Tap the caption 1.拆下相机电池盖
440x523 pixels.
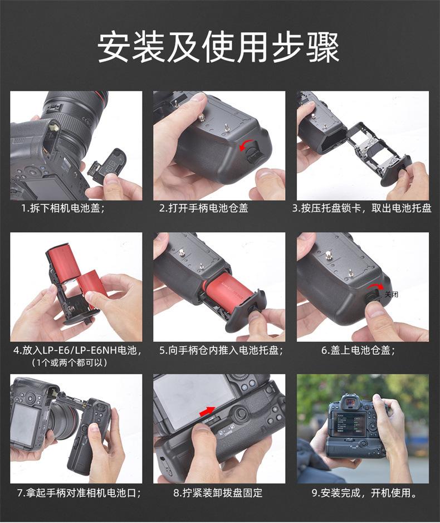[63, 208]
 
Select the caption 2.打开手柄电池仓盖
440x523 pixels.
[203, 208]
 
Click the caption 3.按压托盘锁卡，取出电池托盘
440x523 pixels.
[362, 208]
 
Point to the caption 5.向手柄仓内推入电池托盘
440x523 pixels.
[221, 350]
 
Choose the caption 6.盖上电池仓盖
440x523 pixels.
[358, 350]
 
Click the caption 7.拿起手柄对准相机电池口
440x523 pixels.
[79, 493]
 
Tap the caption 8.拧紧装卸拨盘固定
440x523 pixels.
[218, 493]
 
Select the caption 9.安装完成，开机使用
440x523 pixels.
[364, 493]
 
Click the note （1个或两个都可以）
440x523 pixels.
[70, 363]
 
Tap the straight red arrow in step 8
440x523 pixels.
[207, 412]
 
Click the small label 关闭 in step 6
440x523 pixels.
[392, 294]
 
